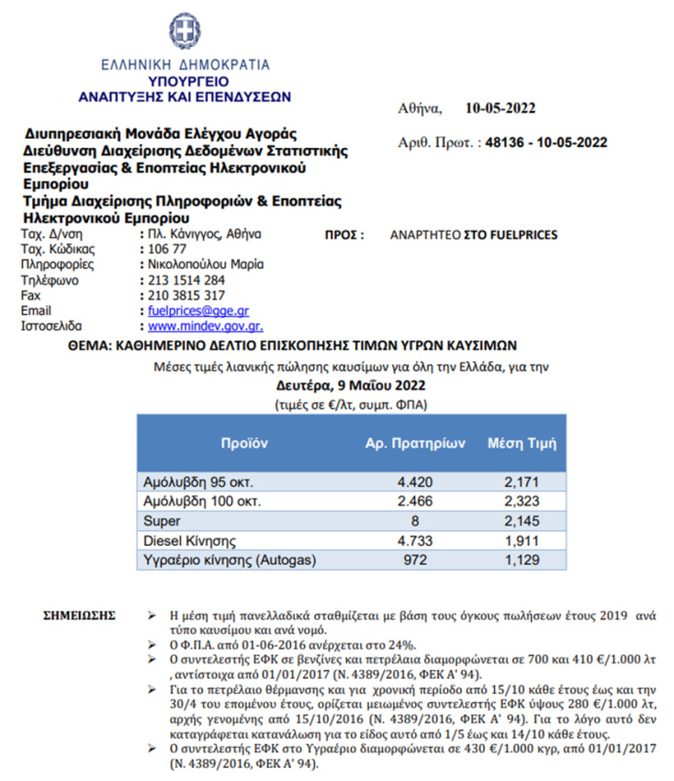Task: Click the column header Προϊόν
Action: pyautogui.click(x=243, y=442)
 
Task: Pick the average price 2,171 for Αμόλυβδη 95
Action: pyautogui.click(x=522, y=481)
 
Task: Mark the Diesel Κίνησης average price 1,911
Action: pyautogui.click(x=522, y=540)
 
